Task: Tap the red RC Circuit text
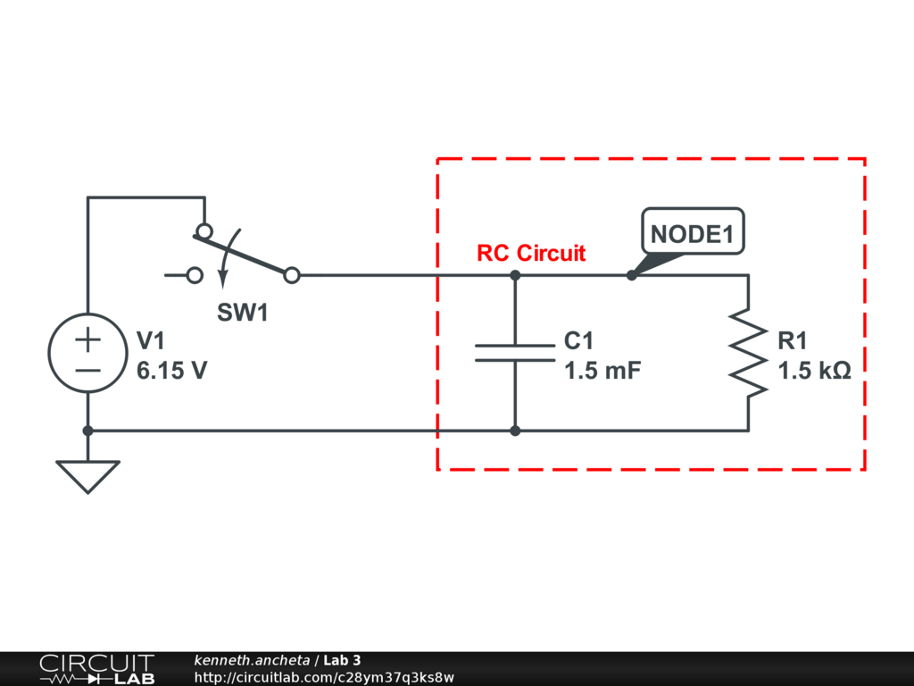tap(531, 253)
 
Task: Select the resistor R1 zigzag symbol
tap(749, 353)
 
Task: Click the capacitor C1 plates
tap(515, 353)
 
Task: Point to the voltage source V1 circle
tap(88, 353)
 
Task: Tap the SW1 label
tap(243, 313)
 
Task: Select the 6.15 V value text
tap(172, 371)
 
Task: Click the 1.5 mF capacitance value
tap(602, 371)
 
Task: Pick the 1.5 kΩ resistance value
tap(814, 371)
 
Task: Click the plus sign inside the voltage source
tap(88, 339)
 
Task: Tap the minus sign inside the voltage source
tap(88, 371)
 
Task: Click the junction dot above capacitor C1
tap(515, 275)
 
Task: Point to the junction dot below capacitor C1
tap(515, 431)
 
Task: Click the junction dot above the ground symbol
tap(88, 431)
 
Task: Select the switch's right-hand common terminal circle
tap(292, 275)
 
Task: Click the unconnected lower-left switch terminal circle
tap(195, 275)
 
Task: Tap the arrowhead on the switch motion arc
tap(222, 280)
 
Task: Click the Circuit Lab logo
tap(96, 669)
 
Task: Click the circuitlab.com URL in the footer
tap(324, 677)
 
